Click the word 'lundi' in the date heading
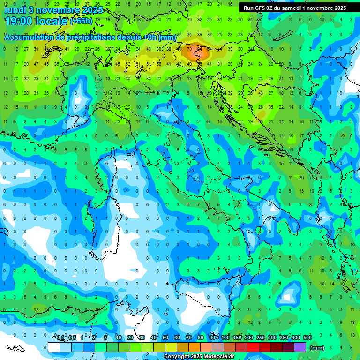pyautogui.click(x=15, y=10)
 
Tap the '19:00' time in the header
pyautogui.click(x=17, y=21)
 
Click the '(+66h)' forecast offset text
pyautogui.click(x=81, y=21)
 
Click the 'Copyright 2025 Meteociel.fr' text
pyautogui.click(x=199, y=357)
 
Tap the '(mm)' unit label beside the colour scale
pyautogui.click(x=317, y=348)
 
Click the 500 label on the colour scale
pyautogui.click(x=307, y=338)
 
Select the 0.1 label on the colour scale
pyautogui.click(x=60, y=338)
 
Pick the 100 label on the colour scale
pyautogui.click(x=226, y=338)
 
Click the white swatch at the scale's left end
pyautogui.click(x=54, y=347)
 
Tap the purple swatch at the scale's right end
pyautogui.click(x=300, y=347)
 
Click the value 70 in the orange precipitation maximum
pyautogui.click(x=189, y=49)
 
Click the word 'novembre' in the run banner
pyautogui.click(x=322, y=8)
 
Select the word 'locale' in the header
pyautogui.click(x=52, y=21)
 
